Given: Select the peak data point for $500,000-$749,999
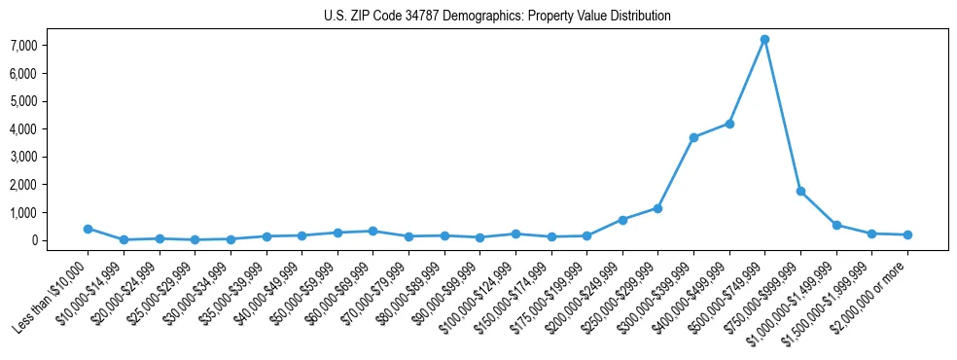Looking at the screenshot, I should coord(764,40).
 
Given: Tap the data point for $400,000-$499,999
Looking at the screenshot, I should coord(729,124).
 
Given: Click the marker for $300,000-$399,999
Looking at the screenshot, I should coord(693,137).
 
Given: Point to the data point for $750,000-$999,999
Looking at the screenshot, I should coord(800,191).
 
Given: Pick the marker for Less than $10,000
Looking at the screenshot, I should coord(88,229).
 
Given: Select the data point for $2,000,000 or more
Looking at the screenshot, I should coord(907,234).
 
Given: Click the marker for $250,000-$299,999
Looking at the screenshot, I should coord(657,208).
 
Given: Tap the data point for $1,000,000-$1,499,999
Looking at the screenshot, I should coord(836,225).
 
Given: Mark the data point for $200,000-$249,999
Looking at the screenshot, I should coord(622,220).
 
